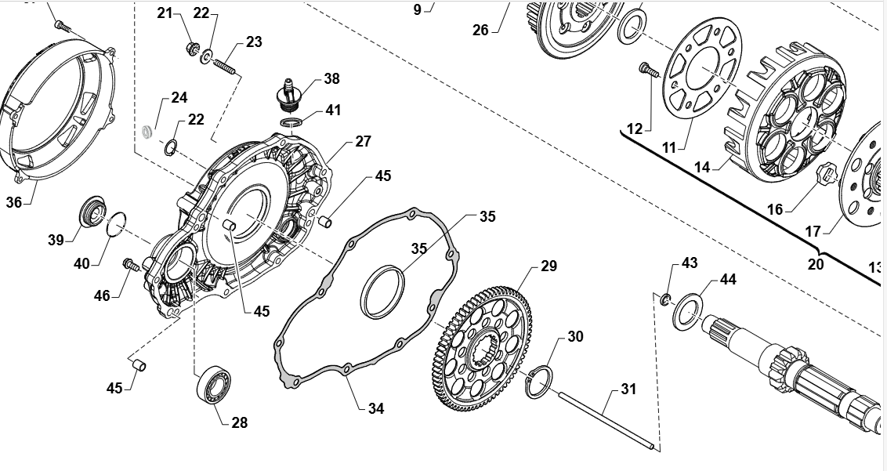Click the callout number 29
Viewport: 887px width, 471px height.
pyautogui.click(x=548, y=266)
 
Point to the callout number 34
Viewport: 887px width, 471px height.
pyautogui.click(x=376, y=408)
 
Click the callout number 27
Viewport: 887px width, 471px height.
pyautogui.click(x=363, y=142)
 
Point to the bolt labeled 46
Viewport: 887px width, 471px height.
pyautogui.click(x=131, y=266)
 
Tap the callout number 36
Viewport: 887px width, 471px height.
pyautogui.click(x=14, y=202)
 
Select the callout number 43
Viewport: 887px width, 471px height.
pyautogui.click(x=690, y=263)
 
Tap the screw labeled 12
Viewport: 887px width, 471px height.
pyautogui.click(x=647, y=71)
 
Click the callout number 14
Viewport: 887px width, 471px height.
pyautogui.click(x=701, y=166)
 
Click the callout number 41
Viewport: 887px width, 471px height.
pyautogui.click(x=334, y=111)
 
